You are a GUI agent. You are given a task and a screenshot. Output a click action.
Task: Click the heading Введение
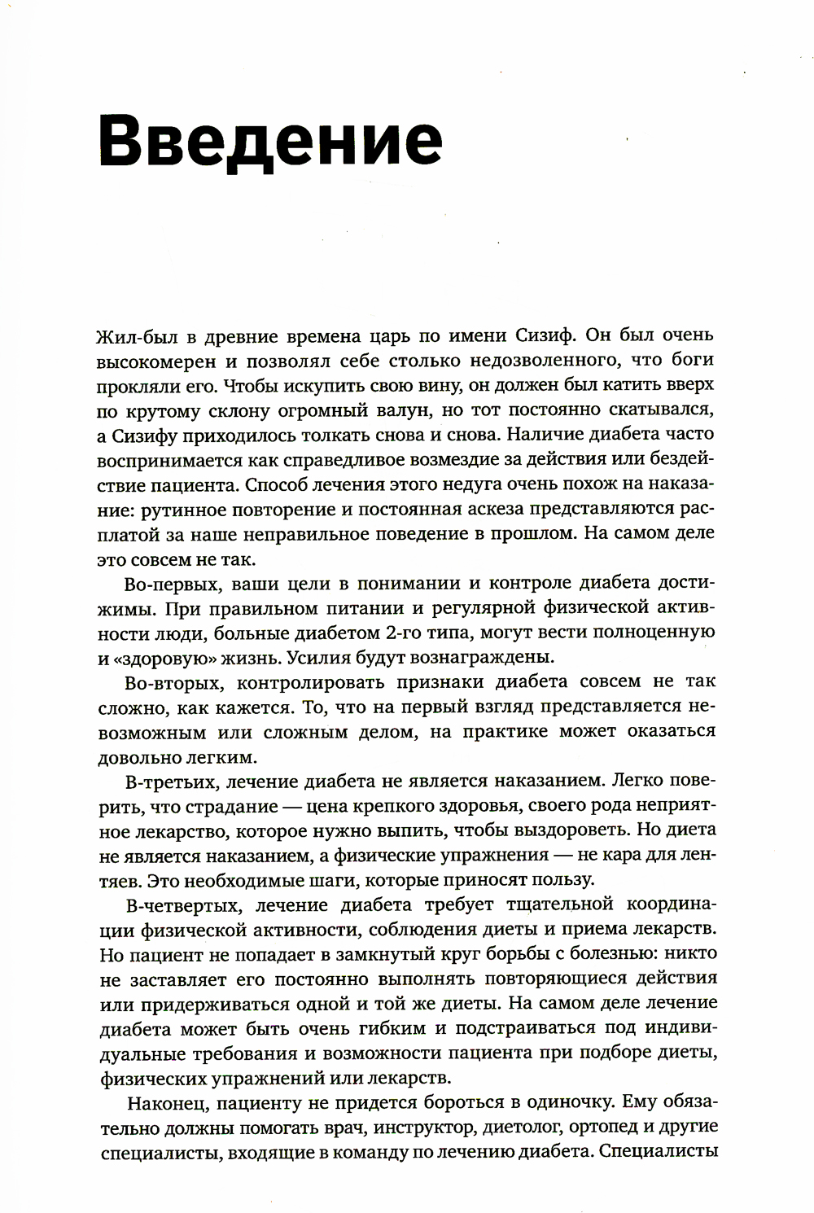tap(270, 141)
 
